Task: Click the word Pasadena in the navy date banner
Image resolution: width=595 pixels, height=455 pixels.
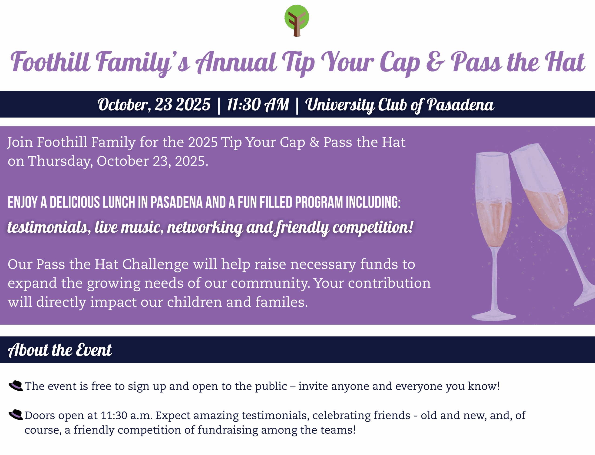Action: click(460, 105)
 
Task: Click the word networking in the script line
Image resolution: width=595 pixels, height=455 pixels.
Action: click(205, 227)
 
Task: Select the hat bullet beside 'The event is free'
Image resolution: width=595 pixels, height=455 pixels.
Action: click(16, 386)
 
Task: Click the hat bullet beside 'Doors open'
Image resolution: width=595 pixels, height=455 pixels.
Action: click(16, 415)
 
